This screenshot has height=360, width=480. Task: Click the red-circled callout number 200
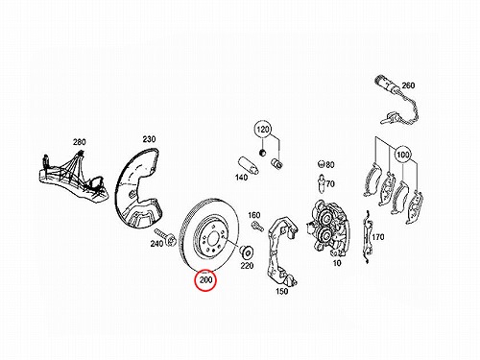pos(205,280)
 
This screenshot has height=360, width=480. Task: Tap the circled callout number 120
pos(263,130)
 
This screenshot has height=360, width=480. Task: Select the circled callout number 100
pos(402,155)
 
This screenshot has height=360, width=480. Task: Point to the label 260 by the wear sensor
pos(408,85)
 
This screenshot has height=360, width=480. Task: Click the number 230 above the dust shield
pos(149,139)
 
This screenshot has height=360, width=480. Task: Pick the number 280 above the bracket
pos(80,142)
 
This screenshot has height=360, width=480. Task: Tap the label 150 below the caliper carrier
pos(281,291)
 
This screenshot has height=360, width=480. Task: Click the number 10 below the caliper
pos(337,263)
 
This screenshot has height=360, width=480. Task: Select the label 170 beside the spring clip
pos(378,237)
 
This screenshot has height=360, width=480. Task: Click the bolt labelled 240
pos(165,237)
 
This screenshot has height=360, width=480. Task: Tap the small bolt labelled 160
pos(257,226)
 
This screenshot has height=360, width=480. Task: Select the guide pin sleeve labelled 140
pos(249,165)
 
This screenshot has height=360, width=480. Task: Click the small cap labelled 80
pos(321,164)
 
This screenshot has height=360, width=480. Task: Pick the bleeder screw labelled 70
pos(322,184)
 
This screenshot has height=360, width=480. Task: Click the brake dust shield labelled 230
pos(139,187)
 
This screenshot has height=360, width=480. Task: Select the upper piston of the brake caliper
pos(326,218)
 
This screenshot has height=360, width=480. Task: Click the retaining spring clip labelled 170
pos(367,237)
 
